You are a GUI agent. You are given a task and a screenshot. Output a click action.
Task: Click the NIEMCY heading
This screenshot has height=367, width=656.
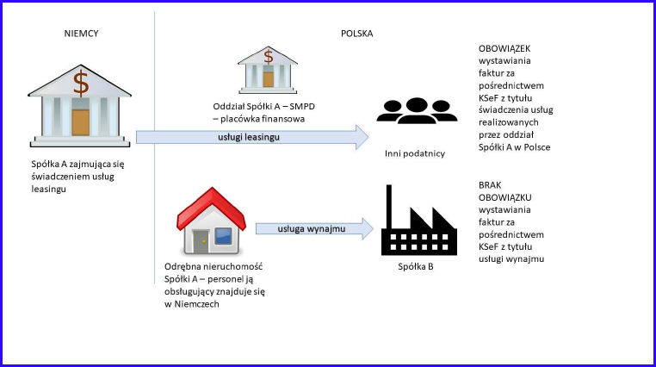pyautogui.click(x=81, y=34)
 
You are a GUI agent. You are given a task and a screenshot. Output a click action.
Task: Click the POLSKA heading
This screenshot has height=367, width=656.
pyautogui.click(x=356, y=34)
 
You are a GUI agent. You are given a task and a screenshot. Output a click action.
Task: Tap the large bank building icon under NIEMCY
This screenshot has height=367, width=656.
pyautogui.click(x=80, y=104)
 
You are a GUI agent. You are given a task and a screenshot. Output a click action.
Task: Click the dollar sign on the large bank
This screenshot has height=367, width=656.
pyautogui.click(x=81, y=83)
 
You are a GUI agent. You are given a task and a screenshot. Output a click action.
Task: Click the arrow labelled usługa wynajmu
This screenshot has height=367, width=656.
pyautogui.click(x=314, y=229)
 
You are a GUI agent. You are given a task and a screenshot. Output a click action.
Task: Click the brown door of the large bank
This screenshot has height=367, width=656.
pyautogui.click(x=80, y=121)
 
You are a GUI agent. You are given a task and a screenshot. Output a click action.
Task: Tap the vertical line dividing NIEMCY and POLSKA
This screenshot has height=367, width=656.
pyautogui.click(x=154, y=129)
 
